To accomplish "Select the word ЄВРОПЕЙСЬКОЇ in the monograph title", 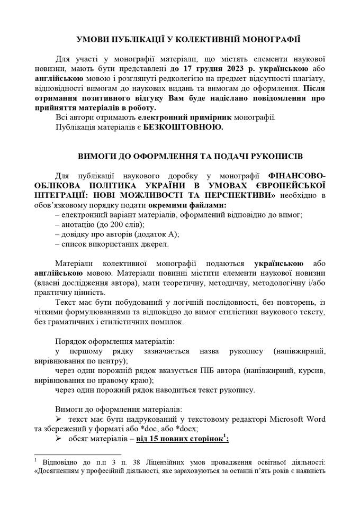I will (290, 186).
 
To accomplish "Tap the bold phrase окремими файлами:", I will (180, 205).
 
